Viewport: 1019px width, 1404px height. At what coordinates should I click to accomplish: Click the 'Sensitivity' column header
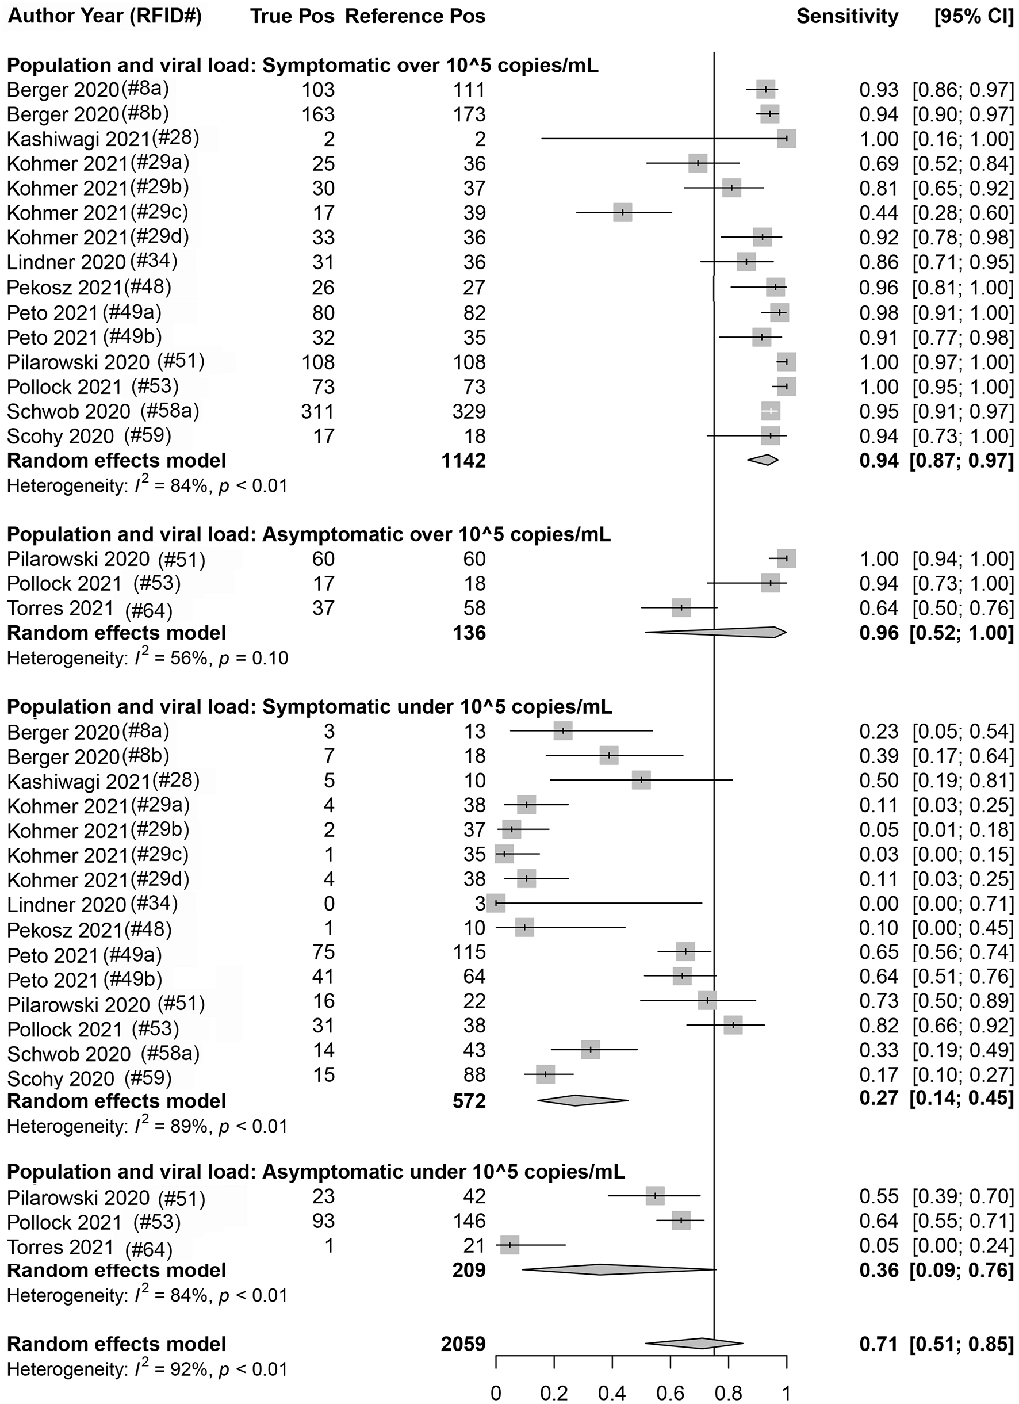click(847, 17)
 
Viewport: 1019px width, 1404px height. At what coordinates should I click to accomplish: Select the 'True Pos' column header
click(292, 17)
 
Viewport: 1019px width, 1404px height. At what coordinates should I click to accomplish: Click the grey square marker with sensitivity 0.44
click(623, 212)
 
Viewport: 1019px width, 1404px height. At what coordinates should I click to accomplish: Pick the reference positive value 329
click(469, 411)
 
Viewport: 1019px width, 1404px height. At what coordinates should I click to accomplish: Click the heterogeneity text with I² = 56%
click(147, 657)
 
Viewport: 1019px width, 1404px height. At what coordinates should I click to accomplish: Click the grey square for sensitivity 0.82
click(733, 1025)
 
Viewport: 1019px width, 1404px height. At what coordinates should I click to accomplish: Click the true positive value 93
click(322, 1221)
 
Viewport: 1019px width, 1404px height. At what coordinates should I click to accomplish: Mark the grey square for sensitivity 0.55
click(655, 1196)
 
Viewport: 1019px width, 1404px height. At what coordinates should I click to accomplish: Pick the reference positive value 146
click(469, 1221)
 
